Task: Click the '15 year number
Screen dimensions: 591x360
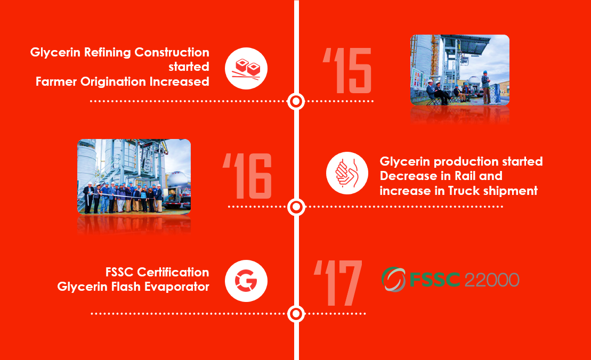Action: coord(347,70)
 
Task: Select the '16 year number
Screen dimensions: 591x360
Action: coord(247,176)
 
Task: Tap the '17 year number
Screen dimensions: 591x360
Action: coord(338,282)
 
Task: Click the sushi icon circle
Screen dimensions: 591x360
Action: coord(246,69)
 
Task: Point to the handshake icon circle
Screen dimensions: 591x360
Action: coord(347,173)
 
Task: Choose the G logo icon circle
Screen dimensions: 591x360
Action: coord(246,281)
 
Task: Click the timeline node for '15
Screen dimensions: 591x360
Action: coord(296,101)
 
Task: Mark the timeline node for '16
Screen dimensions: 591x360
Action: coord(296,207)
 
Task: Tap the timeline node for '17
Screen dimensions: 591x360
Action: coord(296,313)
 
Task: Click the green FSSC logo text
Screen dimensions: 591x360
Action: coord(434,280)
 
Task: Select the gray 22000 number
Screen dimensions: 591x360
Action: coord(492,280)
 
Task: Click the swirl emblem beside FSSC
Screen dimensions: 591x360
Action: coord(393,280)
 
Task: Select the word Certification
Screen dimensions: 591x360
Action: coord(173,272)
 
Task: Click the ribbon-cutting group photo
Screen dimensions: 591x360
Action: coord(134,177)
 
